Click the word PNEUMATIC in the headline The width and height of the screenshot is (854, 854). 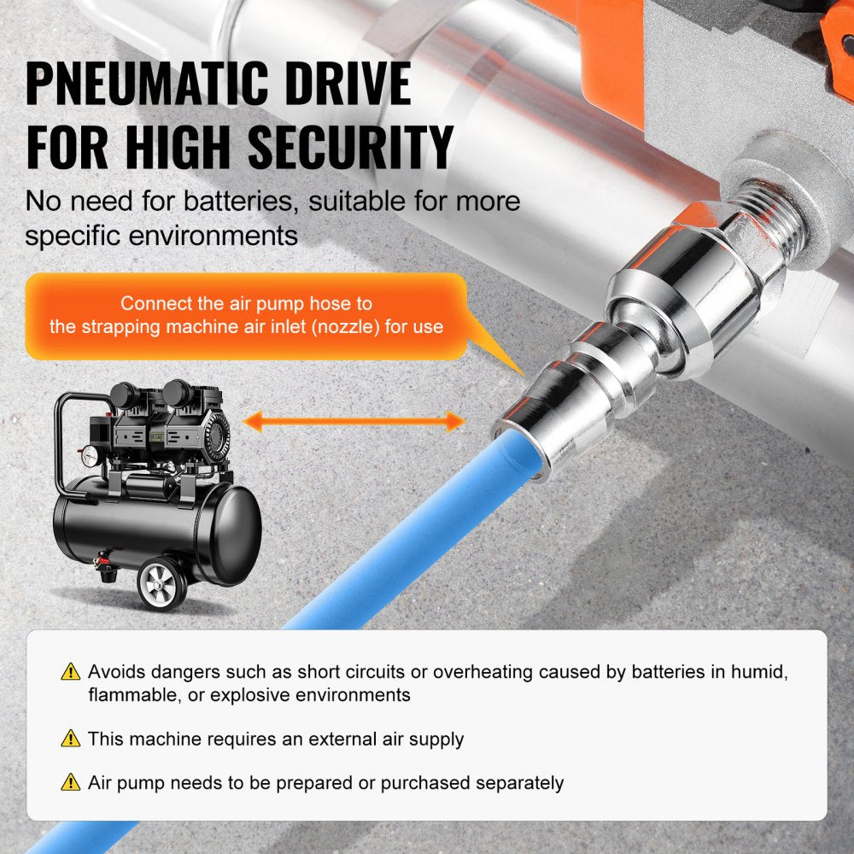(x=147, y=84)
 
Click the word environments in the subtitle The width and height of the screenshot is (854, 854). (x=213, y=236)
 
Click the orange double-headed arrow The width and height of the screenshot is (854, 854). (x=354, y=422)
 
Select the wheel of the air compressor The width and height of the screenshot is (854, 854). (x=161, y=583)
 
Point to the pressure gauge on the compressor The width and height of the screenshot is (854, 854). (x=89, y=456)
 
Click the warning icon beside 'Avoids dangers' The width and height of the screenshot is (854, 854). (x=71, y=672)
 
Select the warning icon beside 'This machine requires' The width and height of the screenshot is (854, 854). (x=71, y=739)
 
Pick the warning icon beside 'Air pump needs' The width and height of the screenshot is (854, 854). (x=71, y=782)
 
